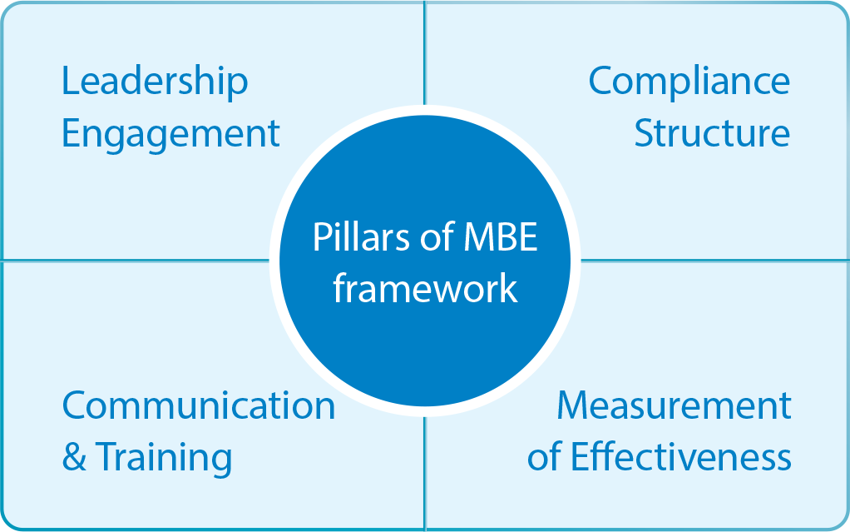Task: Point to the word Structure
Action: click(x=712, y=132)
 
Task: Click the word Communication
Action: click(x=199, y=406)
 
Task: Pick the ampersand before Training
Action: click(x=74, y=456)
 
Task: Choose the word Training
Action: click(x=164, y=460)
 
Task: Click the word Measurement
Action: click(x=674, y=406)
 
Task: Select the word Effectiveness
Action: click(x=680, y=456)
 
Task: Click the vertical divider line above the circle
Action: click(x=424, y=53)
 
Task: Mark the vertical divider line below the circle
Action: click(x=425, y=473)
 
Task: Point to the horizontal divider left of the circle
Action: click(x=136, y=260)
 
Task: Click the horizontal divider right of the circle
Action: click(x=714, y=260)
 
